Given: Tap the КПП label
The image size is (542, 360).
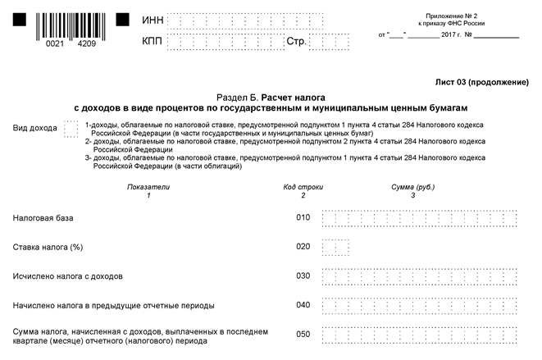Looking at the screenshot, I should (152, 41).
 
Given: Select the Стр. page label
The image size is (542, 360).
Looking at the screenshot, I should (296, 41).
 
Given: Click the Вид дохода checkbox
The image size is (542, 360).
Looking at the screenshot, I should (71, 129).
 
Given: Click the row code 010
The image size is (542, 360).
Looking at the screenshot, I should (303, 217).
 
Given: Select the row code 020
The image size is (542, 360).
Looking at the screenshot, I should (303, 247).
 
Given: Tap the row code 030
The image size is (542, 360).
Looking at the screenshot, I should (303, 276).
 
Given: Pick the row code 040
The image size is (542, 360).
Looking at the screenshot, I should (303, 306).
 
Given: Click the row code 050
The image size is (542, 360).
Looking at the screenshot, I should (303, 335).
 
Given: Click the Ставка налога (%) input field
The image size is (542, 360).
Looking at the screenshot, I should (336, 247).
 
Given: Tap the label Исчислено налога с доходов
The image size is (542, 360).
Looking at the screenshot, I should (68, 276).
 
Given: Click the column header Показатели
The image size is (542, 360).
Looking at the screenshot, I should (148, 187).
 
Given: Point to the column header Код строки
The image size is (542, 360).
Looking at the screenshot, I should (303, 187).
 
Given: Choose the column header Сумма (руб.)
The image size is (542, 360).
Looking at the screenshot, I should (413, 187).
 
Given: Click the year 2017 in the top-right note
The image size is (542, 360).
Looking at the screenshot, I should (450, 35).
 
